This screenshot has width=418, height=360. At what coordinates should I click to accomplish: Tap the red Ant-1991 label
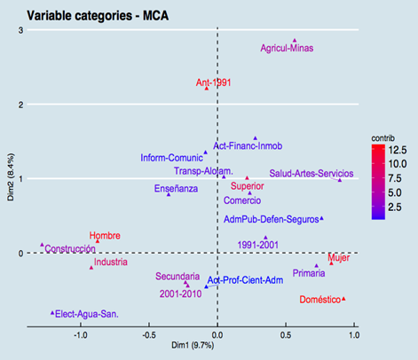point(213,83)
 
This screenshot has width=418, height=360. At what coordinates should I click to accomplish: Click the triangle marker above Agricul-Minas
point(295,40)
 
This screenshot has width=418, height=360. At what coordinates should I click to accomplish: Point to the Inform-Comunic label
point(172,158)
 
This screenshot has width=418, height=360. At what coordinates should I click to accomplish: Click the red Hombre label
point(106,235)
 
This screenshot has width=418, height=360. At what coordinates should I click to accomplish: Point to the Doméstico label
point(319,300)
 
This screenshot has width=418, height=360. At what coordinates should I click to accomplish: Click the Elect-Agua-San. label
point(86,313)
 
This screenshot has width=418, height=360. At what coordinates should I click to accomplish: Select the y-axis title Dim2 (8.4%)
point(12,178)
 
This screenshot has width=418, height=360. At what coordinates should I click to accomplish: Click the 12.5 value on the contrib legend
point(397,151)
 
